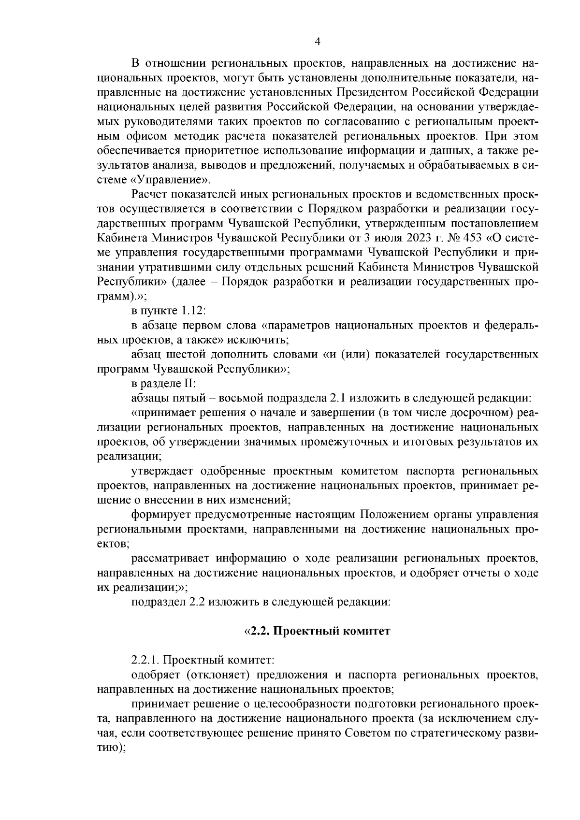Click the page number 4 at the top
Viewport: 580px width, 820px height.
point(317,42)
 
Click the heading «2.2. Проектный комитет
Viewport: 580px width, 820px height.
point(317,631)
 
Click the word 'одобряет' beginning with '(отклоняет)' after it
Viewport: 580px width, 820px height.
point(156,675)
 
